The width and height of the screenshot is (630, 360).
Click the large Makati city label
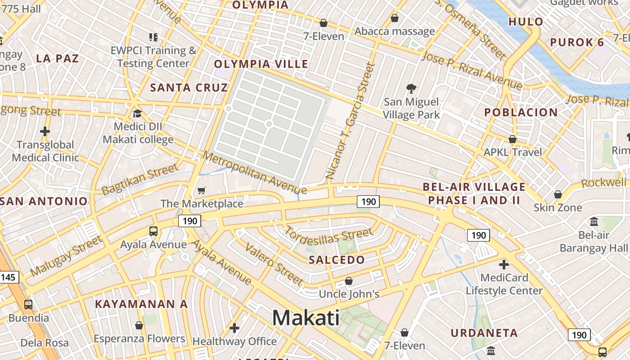(306, 318)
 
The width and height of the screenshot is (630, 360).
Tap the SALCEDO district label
(337, 260)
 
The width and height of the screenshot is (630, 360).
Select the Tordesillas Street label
(329, 236)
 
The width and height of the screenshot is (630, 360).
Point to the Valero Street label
(274, 264)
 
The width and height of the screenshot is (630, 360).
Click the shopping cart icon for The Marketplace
(202, 191)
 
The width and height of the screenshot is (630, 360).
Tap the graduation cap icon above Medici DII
(137, 113)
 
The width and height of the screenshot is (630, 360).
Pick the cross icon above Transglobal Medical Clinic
(45, 132)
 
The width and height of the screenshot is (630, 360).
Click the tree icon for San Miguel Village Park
(411, 88)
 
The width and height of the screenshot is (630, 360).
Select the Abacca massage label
(395, 31)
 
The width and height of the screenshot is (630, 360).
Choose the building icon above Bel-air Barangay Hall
(594, 221)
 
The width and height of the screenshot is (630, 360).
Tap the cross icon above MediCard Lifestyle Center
(504, 264)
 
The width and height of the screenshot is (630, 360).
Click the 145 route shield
(9, 277)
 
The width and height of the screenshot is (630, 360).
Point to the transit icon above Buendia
(28, 304)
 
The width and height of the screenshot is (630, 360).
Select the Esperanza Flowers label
(139, 339)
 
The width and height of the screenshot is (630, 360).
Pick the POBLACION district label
(521, 112)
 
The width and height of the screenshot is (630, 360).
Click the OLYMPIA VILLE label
(261, 64)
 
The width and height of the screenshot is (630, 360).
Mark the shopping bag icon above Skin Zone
(558, 194)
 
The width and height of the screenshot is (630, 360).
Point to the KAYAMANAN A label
(141, 304)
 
